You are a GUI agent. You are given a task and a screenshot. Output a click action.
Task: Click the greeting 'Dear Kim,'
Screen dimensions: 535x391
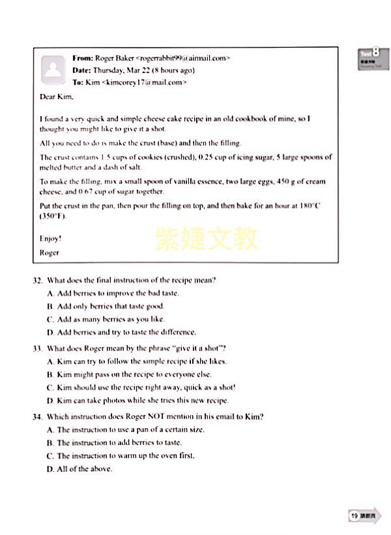pos(57,97)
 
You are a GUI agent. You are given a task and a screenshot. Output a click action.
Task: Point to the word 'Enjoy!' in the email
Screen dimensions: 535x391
pos(51,239)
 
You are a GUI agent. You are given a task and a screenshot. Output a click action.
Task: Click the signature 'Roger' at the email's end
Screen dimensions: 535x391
pos(50,252)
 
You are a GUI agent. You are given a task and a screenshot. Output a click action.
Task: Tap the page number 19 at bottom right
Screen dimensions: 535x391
pos(355,515)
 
